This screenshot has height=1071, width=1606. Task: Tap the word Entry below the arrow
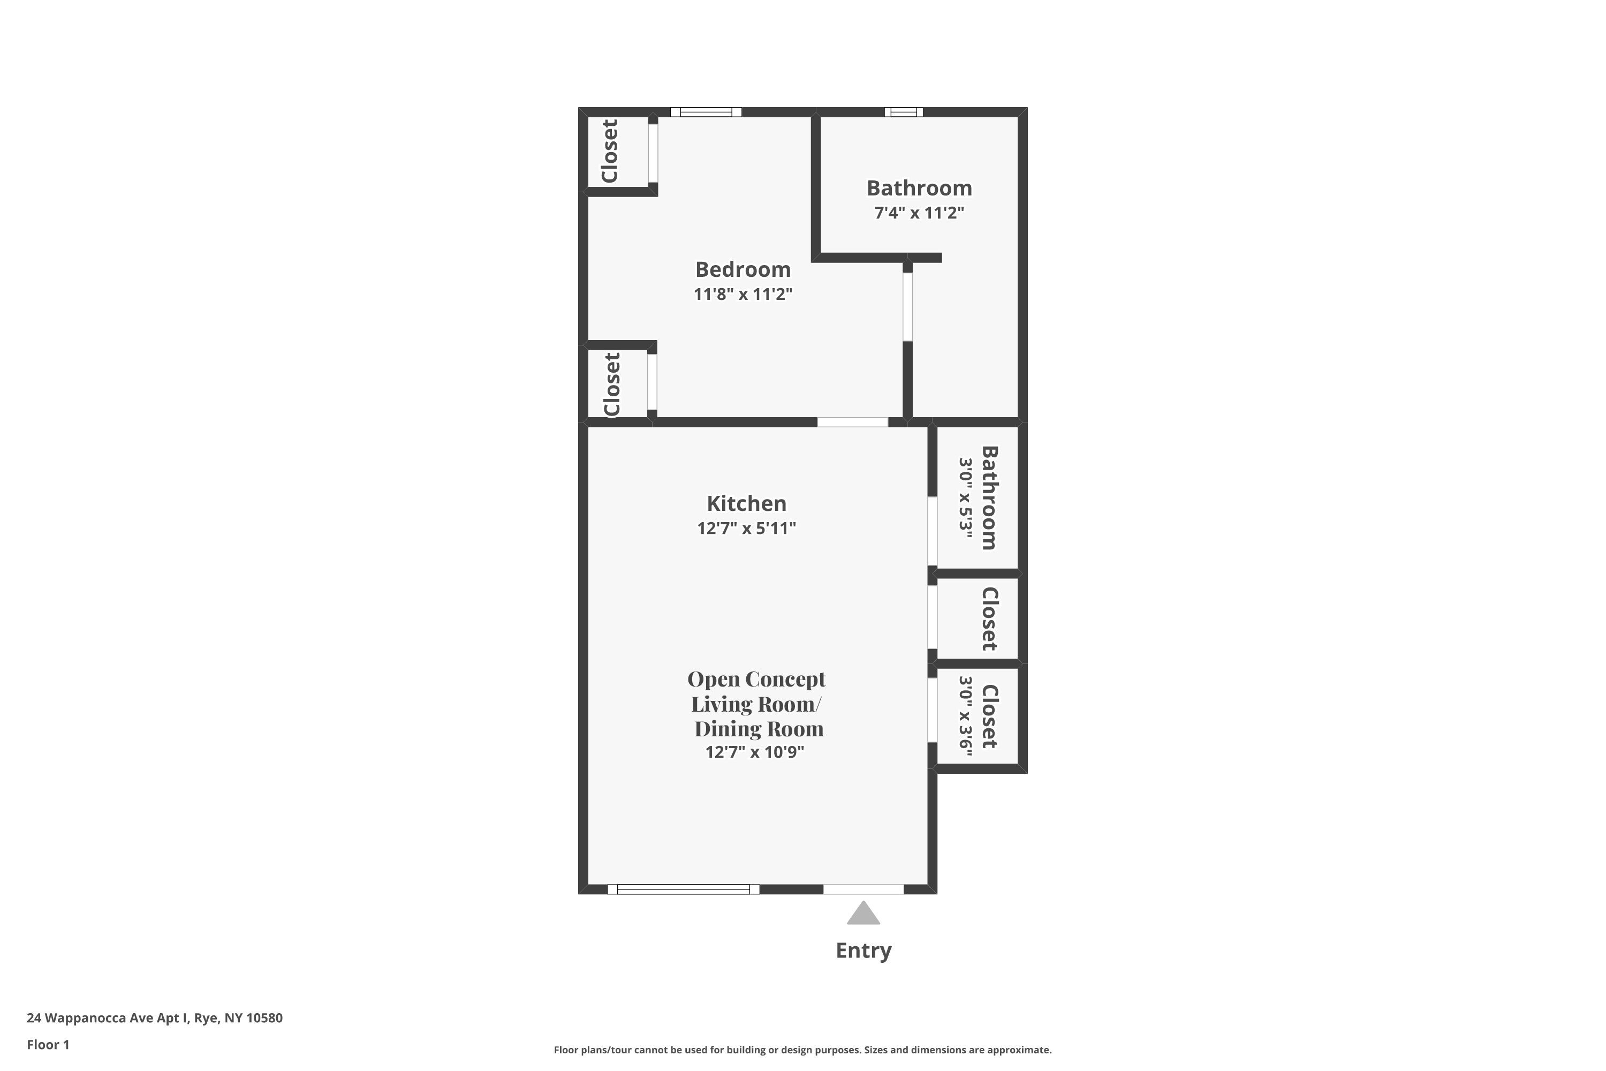tap(864, 951)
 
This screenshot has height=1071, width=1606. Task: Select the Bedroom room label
tap(743, 269)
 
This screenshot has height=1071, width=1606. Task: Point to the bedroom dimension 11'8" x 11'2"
tap(743, 295)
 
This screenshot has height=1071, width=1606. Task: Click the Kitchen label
tap(746, 503)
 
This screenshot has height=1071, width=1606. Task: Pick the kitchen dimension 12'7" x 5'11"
tap(746, 528)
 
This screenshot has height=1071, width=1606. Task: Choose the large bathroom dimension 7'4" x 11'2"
tap(919, 213)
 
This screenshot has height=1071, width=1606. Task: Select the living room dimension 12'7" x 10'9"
tap(754, 752)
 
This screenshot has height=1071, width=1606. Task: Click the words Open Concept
tap(756, 679)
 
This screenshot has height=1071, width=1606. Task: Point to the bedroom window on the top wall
tap(706, 112)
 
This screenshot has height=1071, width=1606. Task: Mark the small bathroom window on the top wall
tap(904, 112)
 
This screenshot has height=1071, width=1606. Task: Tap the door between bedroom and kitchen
tap(853, 422)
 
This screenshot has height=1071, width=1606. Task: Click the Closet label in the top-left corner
tap(610, 151)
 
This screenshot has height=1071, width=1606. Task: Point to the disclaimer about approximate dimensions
tap(802, 1050)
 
